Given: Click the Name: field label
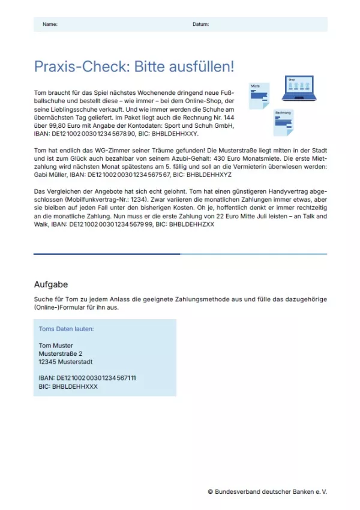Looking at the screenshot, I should (x=50, y=24).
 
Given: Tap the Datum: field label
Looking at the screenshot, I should (x=200, y=24).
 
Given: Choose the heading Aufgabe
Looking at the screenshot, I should (x=50, y=284).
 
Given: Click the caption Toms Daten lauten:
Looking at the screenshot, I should (x=66, y=329).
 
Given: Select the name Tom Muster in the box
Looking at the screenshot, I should (x=56, y=346).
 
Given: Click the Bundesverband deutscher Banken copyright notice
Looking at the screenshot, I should (x=267, y=491).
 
